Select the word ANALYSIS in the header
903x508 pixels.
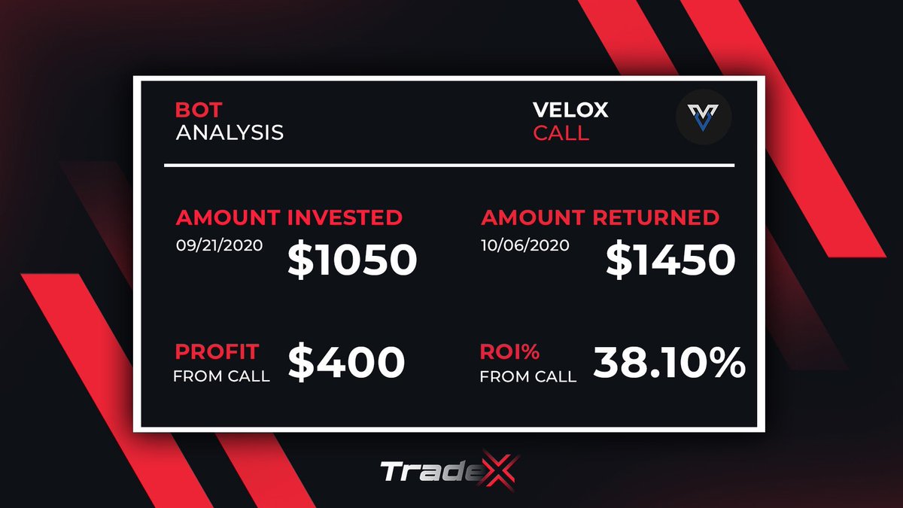coord(230,133)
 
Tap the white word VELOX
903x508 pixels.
coord(570,110)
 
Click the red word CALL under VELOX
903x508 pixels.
coord(561,135)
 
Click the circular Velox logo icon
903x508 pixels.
coord(704,120)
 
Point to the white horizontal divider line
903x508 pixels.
coord(448,165)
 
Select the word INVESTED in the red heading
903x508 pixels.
coord(345,218)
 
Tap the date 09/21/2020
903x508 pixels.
coord(218,246)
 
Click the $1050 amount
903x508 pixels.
coord(352,260)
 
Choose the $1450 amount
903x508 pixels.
coord(670,260)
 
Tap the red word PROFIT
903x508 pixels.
coord(217,351)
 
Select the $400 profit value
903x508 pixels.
coord(346,363)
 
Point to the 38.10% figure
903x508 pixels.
coord(669,363)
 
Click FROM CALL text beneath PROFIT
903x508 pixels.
coord(221,376)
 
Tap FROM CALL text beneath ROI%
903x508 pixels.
coord(528,376)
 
